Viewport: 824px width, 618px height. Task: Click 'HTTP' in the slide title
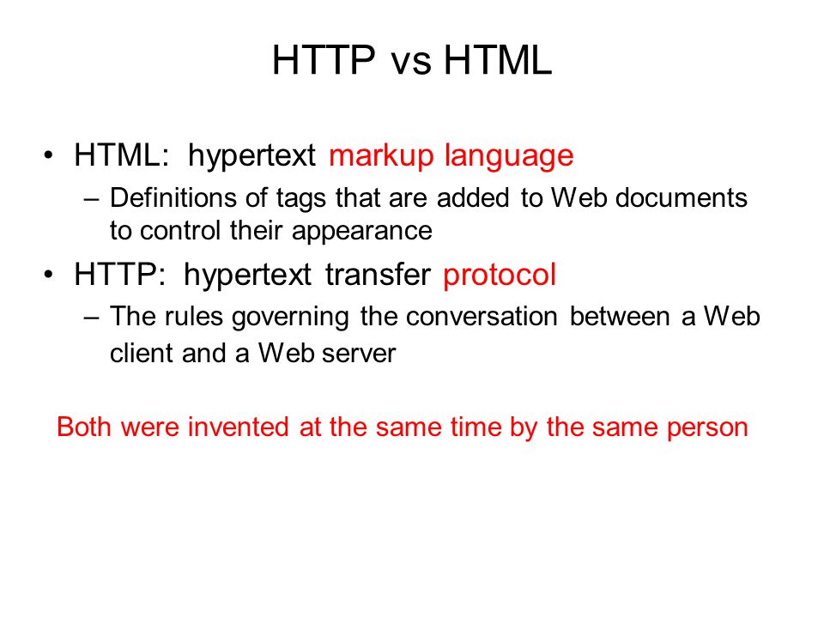click(x=323, y=62)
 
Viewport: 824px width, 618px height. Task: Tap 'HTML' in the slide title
click(x=498, y=62)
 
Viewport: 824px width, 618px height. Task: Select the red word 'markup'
click(x=381, y=157)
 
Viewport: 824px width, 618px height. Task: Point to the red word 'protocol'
click(x=500, y=276)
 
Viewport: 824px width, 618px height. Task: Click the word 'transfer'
click(x=378, y=276)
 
